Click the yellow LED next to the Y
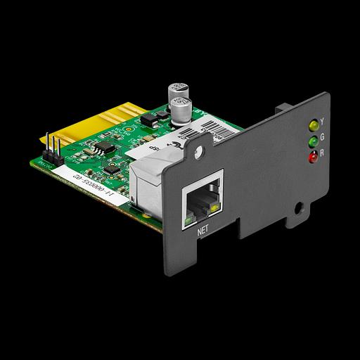click(x=311, y=127)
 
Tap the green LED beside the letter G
click(x=311, y=141)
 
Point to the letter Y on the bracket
click(x=322, y=121)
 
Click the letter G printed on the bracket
click(x=322, y=136)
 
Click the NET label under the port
click(x=204, y=229)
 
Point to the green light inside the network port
click(x=187, y=220)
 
